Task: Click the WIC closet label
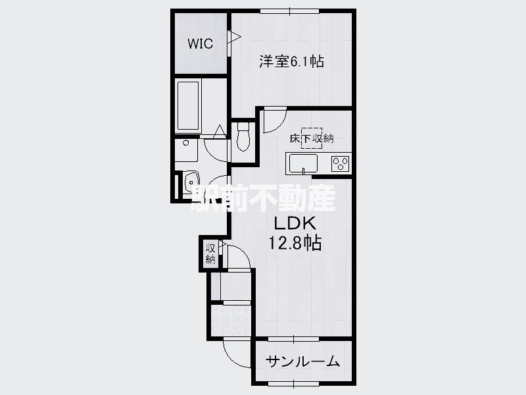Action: pyautogui.click(x=201, y=43)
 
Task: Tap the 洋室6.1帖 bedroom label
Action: pyautogui.click(x=291, y=61)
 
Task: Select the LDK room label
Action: pyautogui.click(x=295, y=223)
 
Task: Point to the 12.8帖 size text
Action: pyautogui.click(x=295, y=242)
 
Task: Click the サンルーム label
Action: pyautogui.click(x=303, y=361)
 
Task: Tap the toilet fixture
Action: pyautogui.click(x=243, y=137)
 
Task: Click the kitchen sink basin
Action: pyautogui.click(x=303, y=163)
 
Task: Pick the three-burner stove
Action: pyautogui.click(x=340, y=164)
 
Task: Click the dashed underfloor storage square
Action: pyautogui.click(x=312, y=138)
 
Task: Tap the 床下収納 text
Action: pyautogui.click(x=312, y=138)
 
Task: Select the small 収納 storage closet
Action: pyautogui.click(x=210, y=253)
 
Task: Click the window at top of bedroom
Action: pyautogui.click(x=290, y=11)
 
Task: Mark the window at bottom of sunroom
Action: pyautogui.click(x=293, y=383)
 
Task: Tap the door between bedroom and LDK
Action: pyautogui.click(x=274, y=120)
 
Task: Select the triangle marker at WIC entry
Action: pyautogui.click(x=234, y=37)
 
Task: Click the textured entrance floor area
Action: pyautogui.click(x=231, y=320)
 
